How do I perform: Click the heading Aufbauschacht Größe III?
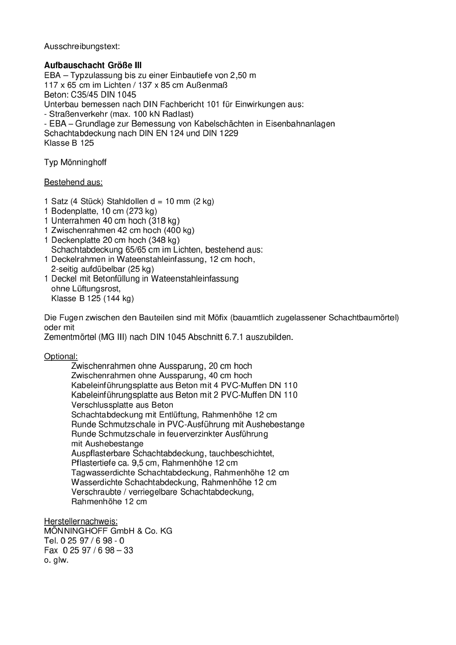[93, 65]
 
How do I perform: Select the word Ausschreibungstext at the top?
[81, 46]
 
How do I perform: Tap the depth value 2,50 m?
[243, 75]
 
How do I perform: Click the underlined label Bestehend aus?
[73, 182]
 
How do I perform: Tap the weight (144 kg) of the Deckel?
[118, 298]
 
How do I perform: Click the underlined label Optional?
[61, 356]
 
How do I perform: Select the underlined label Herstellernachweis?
[81, 521]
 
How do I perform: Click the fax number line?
[89, 551]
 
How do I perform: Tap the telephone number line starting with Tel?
[84, 541]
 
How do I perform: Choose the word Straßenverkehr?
[78, 114]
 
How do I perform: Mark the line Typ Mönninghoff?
[75, 163]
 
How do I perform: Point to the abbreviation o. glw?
[56, 560]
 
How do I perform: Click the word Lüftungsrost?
[96, 289]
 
